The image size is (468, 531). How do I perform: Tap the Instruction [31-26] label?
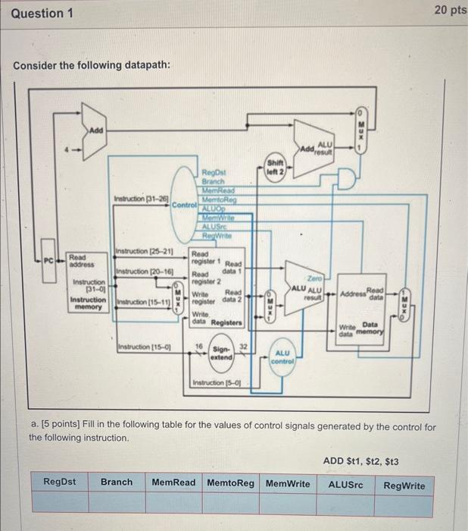141,200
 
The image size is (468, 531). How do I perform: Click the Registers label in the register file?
225,322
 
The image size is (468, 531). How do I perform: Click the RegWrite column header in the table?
404,485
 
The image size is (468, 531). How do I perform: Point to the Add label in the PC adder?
96,131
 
